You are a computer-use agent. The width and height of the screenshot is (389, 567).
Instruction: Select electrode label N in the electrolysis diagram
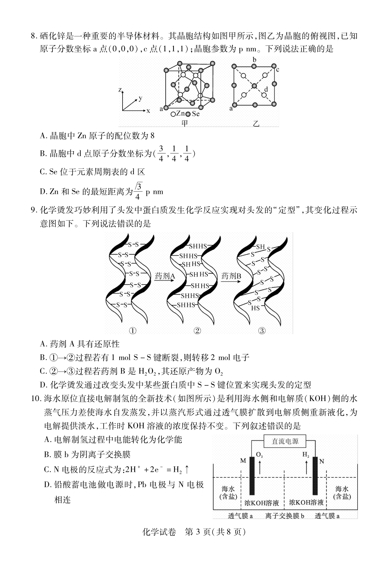tap(322, 461)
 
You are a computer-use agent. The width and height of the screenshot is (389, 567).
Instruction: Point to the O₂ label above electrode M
tap(260, 455)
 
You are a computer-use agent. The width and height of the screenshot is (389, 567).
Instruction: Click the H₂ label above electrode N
tap(306, 455)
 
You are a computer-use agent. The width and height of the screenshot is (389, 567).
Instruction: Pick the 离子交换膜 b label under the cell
tap(285, 516)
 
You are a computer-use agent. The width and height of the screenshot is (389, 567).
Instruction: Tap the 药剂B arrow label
tap(231, 276)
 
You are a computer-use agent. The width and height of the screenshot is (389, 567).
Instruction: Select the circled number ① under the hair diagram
tap(133, 331)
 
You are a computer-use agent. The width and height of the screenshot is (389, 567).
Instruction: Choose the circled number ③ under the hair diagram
tap(262, 331)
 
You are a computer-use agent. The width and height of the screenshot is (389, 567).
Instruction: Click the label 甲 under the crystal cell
tap(185, 123)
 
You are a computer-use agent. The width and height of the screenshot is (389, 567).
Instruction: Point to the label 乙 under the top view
tap(256, 123)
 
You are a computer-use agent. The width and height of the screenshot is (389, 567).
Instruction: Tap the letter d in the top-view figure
tap(266, 89)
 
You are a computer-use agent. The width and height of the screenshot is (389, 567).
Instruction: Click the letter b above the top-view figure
tap(254, 60)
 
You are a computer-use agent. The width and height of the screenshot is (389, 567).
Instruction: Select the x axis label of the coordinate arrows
tap(148, 111)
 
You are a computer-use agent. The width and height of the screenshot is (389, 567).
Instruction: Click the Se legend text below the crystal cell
tap(196, 114)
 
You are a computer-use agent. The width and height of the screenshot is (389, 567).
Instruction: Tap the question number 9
tap(34, 210)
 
